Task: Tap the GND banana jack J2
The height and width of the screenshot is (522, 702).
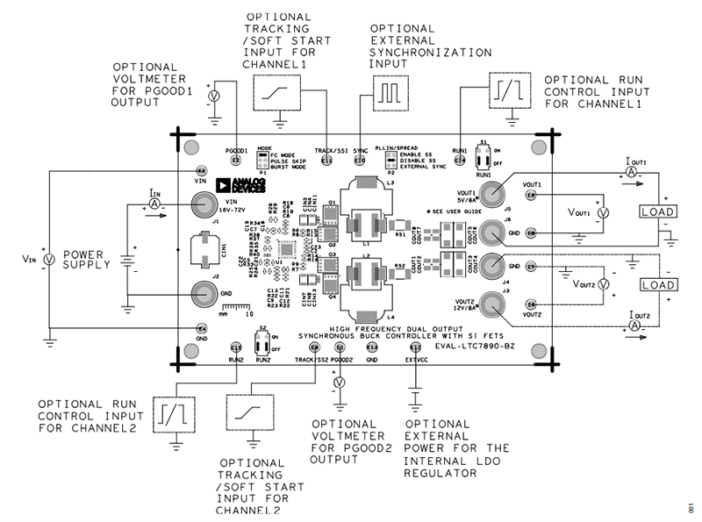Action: click(x=202, y=292)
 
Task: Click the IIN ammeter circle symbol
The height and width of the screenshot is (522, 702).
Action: click(x=154, y=203)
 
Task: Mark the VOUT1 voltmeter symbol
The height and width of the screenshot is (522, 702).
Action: click(x=602, y=213)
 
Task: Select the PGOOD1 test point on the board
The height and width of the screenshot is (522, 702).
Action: click(x=234, y=161)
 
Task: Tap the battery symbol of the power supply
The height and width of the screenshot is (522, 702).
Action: click(x=127, y=261)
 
